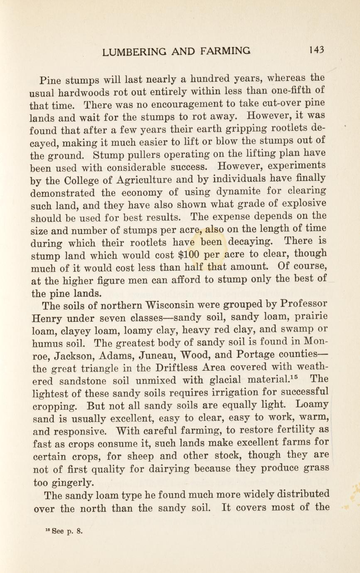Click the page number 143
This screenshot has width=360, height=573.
tap(316, 50)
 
